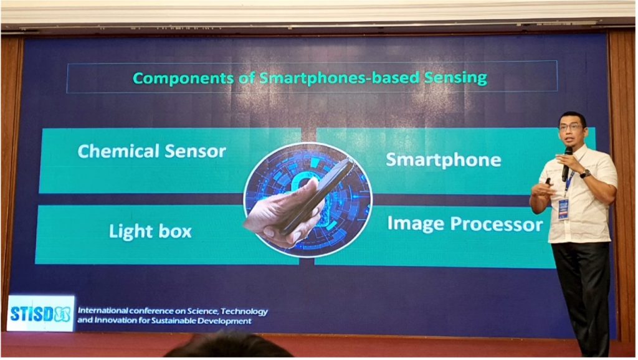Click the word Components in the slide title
[x=183, y=78]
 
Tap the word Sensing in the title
[x=455, y=78]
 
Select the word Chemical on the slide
[x=118, y=151]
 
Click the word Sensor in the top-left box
[x=195, y=152]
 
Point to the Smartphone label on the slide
[x=444, y=160]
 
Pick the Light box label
[x=150, y=231]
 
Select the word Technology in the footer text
[x=244, y=311]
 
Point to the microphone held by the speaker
[x=567, y=164]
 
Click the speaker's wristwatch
[x=585, y=174]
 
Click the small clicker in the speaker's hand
[x=548, y=181]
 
